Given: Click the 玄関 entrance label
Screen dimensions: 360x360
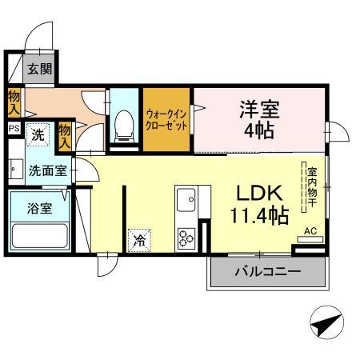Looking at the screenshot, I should tap(39, 70).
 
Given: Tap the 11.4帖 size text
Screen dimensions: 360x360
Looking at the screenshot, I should tap(258, 217).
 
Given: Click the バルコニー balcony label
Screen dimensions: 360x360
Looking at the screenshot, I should tap(267, 273).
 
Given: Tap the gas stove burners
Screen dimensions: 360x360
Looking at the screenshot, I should tap(187, 238).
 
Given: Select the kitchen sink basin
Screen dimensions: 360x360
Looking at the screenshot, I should tap(185, 197).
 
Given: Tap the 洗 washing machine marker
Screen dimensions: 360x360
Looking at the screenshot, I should tap(37, 135).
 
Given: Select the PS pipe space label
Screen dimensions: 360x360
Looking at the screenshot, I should tap(13, 128).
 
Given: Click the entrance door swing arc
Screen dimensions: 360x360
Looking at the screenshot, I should tap(35, 36).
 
